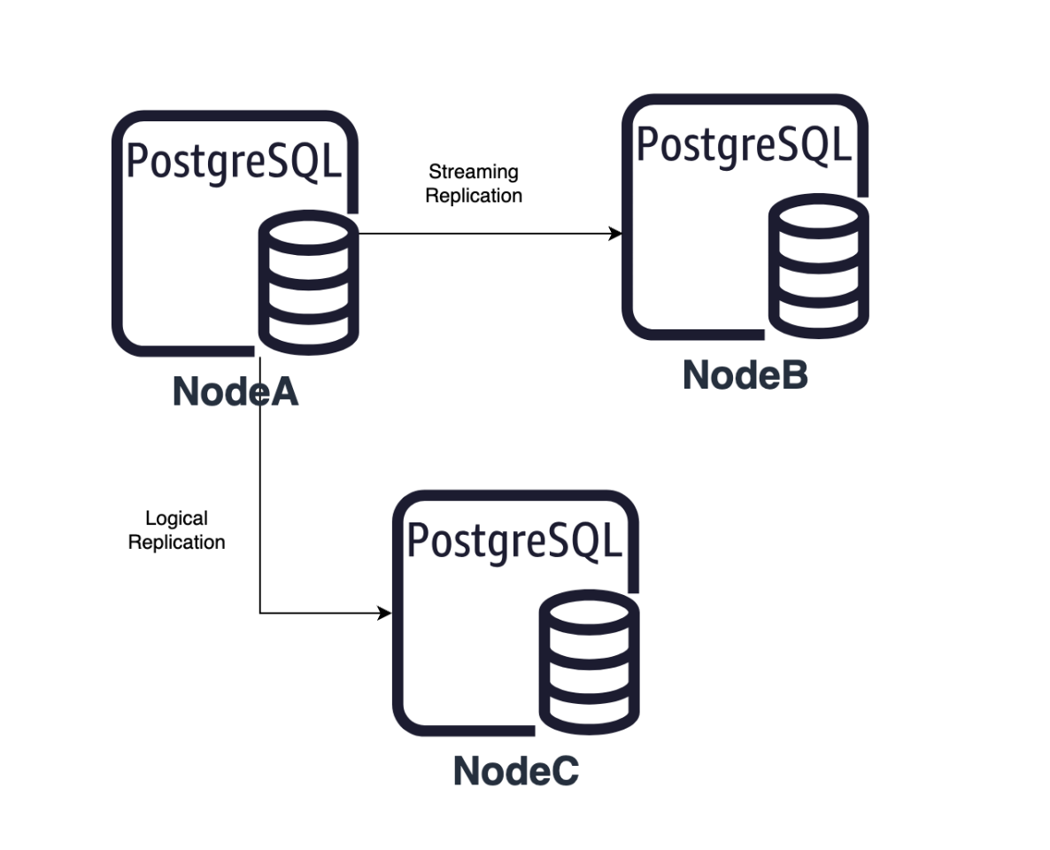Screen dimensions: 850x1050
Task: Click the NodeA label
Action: (x=235, y=391)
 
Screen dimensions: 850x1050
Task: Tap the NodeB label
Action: (x=745, y=375)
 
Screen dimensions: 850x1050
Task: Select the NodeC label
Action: (x=515, y=770)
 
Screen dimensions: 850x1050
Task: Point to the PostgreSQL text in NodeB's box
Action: (x=744, y=144)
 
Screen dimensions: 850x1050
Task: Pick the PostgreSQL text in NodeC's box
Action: (x=514, y=540)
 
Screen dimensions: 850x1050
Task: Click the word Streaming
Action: (x=473, y=172)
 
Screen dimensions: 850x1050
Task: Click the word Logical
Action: (x=176, y=519)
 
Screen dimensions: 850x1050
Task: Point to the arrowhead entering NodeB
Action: (x=615, y=234)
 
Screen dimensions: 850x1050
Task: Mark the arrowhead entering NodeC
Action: (x=385, y=613)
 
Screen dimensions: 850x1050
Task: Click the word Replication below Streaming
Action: (x=474, y=196)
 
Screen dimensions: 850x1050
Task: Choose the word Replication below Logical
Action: (x=176, y=542)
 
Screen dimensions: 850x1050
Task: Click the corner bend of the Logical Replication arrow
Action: (x=260, y=613)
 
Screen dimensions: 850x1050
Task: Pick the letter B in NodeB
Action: (x=794, y=375)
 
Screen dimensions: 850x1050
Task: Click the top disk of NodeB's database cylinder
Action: (x=818, y=215)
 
